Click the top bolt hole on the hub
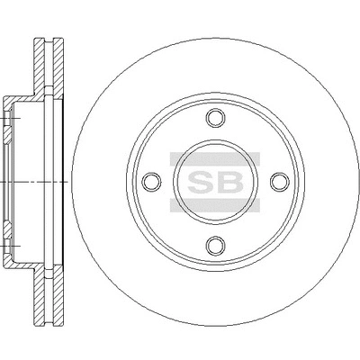point(215,119)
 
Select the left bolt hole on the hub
point(152,182)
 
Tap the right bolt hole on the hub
point(278,182)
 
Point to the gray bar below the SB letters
point(215,205)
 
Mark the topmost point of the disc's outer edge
point(215,39)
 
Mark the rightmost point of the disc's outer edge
point(358,182)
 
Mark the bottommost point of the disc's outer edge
point(215,325)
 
